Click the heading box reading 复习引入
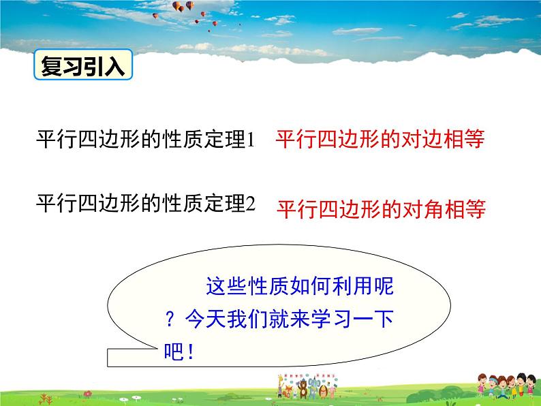[83, 65]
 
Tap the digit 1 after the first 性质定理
[251, 140]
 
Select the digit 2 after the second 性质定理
[251, 204]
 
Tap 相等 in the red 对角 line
[465, 209]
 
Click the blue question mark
[170, 319]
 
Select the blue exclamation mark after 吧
[190, 352]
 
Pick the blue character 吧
[174, 352]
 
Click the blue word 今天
[206, 319]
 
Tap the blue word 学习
[331, 319]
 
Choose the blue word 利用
[352, 286]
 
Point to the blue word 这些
[227, 286]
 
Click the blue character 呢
[384, 286]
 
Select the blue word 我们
[247, 319]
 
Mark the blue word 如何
[310, 286]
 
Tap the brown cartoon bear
[303, 389]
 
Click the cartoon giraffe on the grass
[281, 386]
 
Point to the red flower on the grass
[88, 394]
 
